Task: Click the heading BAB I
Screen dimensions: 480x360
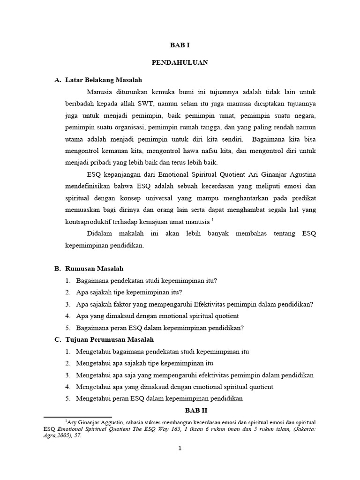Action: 180,45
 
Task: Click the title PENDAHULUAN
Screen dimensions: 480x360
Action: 180,62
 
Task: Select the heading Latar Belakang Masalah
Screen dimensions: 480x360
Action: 103,80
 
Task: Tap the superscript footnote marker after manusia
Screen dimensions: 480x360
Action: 212,218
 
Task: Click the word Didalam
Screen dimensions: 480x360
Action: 100,233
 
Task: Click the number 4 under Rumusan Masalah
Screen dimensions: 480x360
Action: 67,316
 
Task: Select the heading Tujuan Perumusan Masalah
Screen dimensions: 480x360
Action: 109,339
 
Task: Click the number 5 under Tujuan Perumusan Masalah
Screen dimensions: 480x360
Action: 67,398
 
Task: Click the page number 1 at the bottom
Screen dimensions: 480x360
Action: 180,449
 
